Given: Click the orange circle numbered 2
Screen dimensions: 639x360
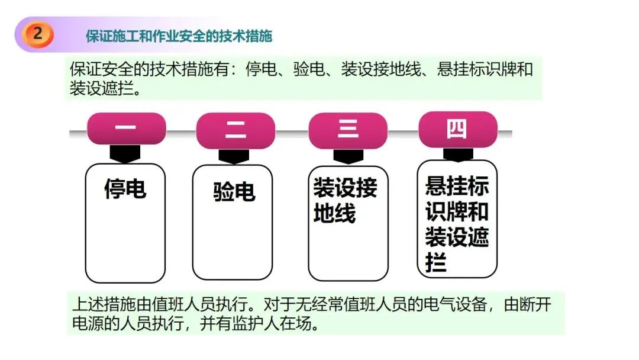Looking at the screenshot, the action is pyautogui.click(x=38, y=34).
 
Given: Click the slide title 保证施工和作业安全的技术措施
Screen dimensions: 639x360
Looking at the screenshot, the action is pyautogui.click(x=179, y=36).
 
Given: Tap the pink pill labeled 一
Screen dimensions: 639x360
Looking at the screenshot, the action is pyautogui.click(x=125, y=128).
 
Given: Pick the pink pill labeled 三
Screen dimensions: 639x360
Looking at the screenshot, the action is pyautogui.click(x=348, y=129).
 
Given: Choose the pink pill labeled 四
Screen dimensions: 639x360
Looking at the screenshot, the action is pyautogui.click(x=457, y=128).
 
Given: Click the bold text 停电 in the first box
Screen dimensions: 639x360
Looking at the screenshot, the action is pyautogui.click(x=125, y=189).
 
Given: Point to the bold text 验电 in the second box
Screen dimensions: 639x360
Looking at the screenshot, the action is pyautogui.click(x=234, y=192).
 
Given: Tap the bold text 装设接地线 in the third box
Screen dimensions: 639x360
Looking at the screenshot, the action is pyautogui.click(x=345, y=201).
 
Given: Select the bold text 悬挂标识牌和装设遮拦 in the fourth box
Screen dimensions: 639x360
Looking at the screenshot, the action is pyautogui.click(x=457, y=224).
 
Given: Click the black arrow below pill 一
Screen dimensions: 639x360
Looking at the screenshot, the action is pyautogui.click(x=125, y=155).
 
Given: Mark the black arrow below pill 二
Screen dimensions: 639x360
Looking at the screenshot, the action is pyautogui.click(x=234, y=156).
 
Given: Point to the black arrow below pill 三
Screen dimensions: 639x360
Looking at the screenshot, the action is pyautogui.click(x=348, y=156).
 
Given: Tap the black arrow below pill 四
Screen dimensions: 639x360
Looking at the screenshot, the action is pyautogui.click(x=457, y=154).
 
